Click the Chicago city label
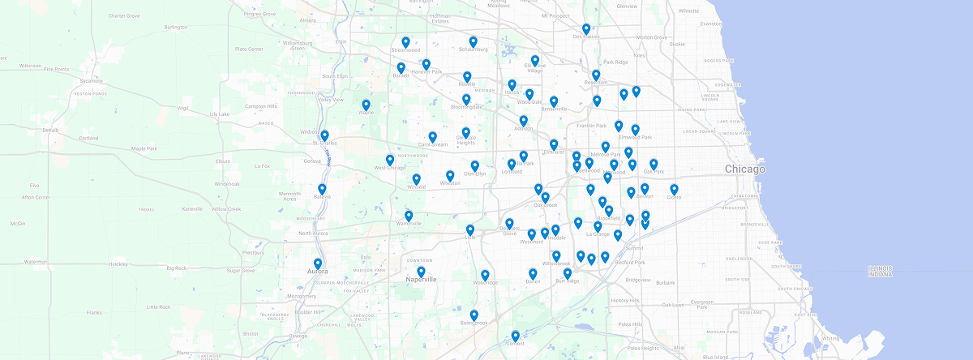[744, 169]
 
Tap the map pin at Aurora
[318, 264]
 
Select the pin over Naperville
[421, 272]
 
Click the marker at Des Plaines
[586, 29]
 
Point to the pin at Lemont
[515, 336]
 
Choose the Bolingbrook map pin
[474, 315]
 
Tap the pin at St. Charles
[324, 136]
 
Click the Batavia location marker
[322, 190]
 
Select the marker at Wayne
[366, 105]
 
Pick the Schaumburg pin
[473, 41]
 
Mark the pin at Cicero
[674, 190]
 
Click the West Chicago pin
[390, 161]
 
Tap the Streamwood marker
[405, 42]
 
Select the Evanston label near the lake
[710, 24]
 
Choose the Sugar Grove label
[241, 270]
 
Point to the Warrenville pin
[409, 216]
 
